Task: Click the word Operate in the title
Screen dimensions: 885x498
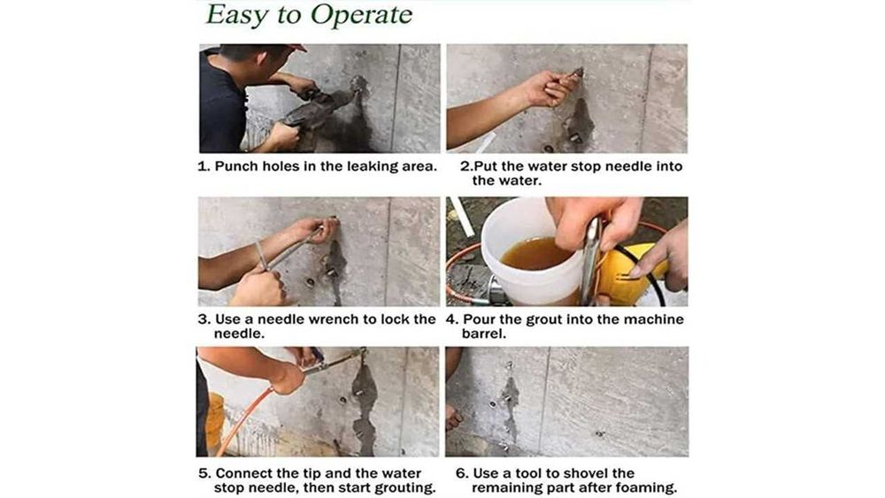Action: (x=361, y=15)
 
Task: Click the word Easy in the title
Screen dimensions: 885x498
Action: (x=237, y=15)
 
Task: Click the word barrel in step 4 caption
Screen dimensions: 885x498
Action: (x=481, y=333)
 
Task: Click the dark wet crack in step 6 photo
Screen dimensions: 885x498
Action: (x=511, y=401)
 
